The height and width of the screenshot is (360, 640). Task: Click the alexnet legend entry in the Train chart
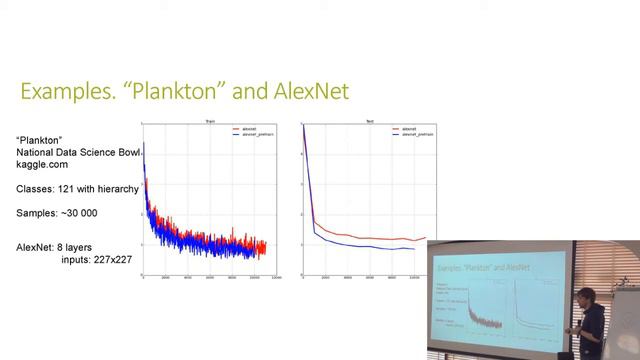coord(251,128)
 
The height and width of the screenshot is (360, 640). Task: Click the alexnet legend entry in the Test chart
coord(408,128)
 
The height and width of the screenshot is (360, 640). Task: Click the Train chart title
coord(211,120)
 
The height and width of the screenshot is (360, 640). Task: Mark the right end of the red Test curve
coord(425,238)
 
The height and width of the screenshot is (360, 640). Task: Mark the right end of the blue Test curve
coord(413,249)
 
